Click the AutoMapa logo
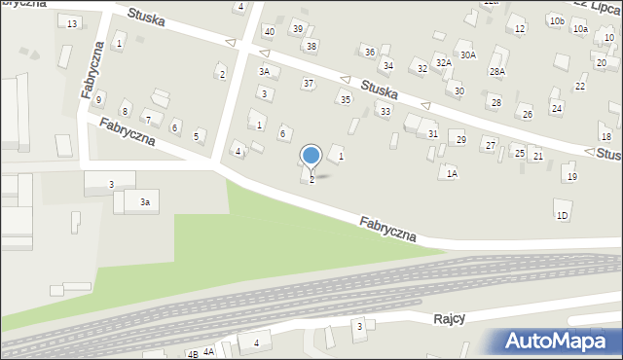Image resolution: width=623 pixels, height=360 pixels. pos(556,341)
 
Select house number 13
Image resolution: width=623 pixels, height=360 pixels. pos(72,23)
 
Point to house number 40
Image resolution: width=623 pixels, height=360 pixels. pos(270,32)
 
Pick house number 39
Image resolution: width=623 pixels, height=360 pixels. pos(298,28)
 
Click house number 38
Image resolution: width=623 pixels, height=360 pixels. pos(311,46)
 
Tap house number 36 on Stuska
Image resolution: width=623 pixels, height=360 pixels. pos(369,52)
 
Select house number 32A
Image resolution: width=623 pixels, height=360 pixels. pos(443,62)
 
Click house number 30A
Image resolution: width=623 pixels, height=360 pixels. pos(468,55)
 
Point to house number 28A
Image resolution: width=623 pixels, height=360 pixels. pos(497,71)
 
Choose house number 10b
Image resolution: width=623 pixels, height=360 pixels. pos(556,20)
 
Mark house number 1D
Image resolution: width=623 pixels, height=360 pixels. pos(562,215)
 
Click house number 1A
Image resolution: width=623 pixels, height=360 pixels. pos(451,173)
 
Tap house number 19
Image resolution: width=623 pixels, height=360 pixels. pos(572,176)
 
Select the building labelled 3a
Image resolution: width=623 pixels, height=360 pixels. pos(144,202)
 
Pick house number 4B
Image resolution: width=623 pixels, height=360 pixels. pos(193,353)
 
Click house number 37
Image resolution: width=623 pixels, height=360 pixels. pos(309,84)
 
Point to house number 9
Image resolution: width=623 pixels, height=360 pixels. pos(98,100)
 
